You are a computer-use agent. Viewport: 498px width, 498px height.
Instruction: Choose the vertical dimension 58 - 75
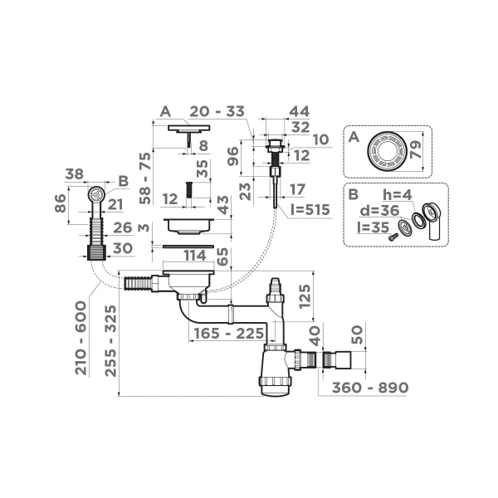click(144, 178)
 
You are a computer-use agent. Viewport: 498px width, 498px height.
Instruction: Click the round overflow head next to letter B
click(95, 195)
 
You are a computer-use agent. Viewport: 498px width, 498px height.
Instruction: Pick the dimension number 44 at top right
click(300, 111)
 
